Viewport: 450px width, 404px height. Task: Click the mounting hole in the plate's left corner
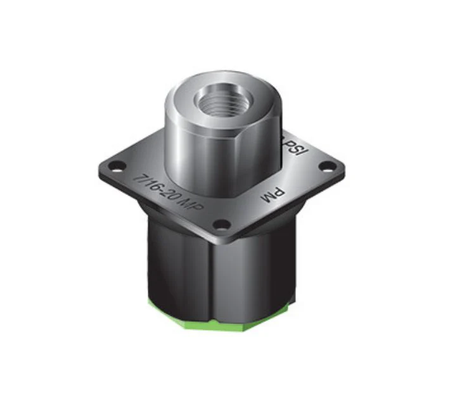[115, 167]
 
